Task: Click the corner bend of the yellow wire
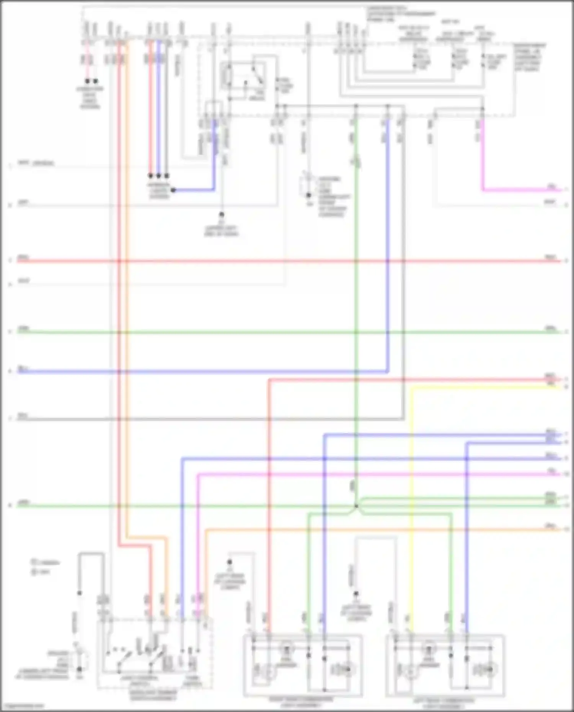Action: [412, 388]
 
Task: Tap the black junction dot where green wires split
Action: [356, 506]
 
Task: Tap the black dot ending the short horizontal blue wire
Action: [173, 190]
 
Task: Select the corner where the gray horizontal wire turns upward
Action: [403, 419]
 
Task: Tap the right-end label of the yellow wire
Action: [551, 384]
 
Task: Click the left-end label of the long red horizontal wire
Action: [23, 257]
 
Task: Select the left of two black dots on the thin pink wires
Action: [87, 81]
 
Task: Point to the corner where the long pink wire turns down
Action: [199, 475]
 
